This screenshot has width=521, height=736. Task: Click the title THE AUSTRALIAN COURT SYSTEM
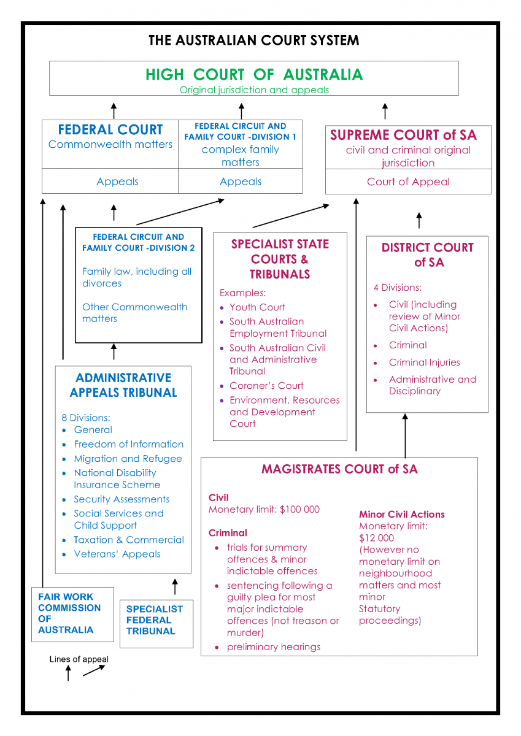click(253, 40)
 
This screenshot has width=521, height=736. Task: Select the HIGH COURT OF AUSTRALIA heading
click(254, 75)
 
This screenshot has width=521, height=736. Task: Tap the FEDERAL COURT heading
click(110, 130)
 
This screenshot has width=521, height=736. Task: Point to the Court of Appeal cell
click(408, 182)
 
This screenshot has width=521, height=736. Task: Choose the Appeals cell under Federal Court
click(117, 182)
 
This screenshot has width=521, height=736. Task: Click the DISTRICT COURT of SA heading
click(427, 255)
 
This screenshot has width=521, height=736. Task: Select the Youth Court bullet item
click(257, 307)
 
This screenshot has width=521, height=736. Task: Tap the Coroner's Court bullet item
click(266, 386)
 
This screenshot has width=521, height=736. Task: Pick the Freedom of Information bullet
click(128, 444)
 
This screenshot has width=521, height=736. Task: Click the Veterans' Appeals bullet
click(117, 554)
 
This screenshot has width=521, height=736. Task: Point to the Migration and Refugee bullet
click(128, 459)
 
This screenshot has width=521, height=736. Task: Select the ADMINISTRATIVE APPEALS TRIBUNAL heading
click(123, 385)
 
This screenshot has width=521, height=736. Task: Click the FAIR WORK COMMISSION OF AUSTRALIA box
click(69, 613)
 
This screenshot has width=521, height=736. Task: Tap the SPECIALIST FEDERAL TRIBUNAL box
click(154, 620)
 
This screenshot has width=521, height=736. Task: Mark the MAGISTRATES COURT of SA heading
click(339, 469)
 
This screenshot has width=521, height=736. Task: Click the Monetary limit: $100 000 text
click(264, 510)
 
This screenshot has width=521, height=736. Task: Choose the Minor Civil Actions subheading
click(401, 515)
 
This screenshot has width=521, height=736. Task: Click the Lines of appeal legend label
click(79, 659)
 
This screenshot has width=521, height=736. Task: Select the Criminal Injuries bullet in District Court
click(424, 362)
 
